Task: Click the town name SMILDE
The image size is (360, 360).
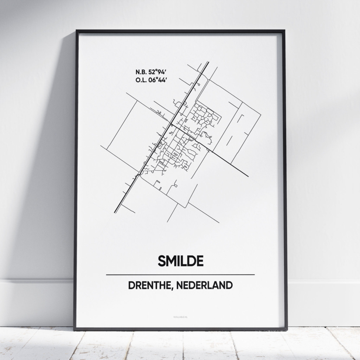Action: click(x=180, y=261)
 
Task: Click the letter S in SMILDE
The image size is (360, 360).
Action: click(x=162, y=261)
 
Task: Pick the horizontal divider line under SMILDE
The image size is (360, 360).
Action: click(x=180, y=275)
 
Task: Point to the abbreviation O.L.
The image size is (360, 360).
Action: click(x=141, y=80)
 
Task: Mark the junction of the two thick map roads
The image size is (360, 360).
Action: click(x=171, y=124)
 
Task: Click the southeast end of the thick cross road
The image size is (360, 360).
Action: click(x=248, y=176)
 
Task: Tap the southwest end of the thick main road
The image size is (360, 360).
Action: click(x=115, y=212)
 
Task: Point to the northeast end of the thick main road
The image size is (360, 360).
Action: click(x=208, y=63)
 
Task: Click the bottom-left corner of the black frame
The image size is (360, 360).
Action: click(x=75, y=329)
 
